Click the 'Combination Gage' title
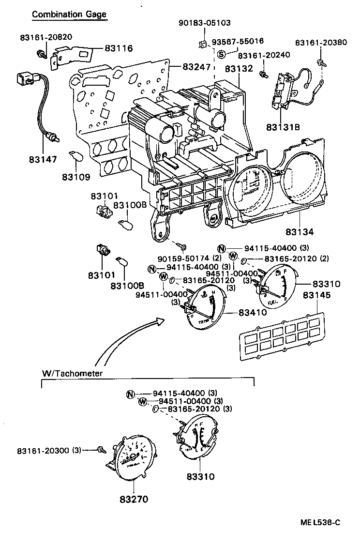69,15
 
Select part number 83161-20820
46,38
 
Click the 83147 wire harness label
43,159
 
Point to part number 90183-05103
204,22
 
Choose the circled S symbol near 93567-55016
221,54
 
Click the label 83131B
283,127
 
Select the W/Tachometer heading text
73,373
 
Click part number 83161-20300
45,450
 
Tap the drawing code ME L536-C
320,522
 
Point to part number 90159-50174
183,258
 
